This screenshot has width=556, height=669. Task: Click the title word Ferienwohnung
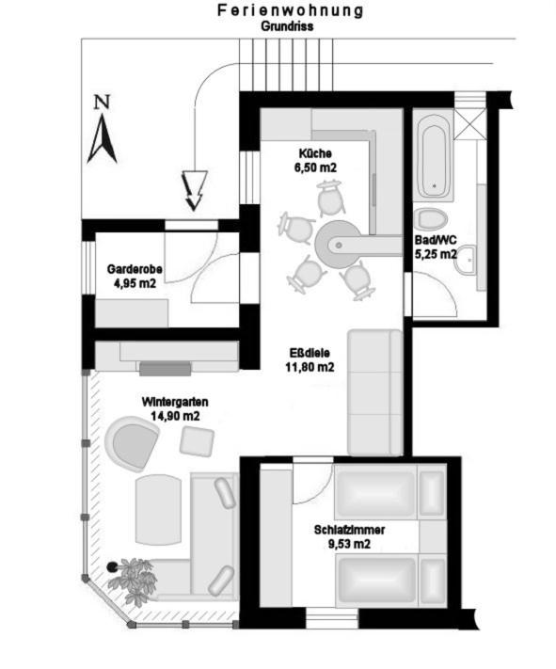(290, 10)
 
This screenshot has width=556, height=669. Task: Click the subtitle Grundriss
(287, 26)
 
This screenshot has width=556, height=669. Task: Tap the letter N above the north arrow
(102, 102)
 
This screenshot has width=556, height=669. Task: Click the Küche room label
(315, 153)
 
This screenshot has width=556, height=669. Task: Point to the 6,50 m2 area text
(315, 167)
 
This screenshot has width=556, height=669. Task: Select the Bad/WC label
(436, 240)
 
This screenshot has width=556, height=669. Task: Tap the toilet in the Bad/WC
(433, 219)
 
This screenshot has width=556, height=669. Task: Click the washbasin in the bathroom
(469, 260)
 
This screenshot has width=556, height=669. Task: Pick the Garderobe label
(135, 269)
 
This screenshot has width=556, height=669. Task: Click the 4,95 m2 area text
(135, 283)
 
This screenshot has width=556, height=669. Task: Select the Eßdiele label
(310, 353)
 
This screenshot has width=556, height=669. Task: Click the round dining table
(337, 245)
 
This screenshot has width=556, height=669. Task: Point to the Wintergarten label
(175, 402)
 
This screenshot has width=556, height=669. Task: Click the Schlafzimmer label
(349, 530)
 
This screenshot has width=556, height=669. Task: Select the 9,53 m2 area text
(349, 544)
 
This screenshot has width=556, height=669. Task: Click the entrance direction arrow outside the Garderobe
(195, 191)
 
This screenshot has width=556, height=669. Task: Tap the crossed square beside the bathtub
(469, 123)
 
